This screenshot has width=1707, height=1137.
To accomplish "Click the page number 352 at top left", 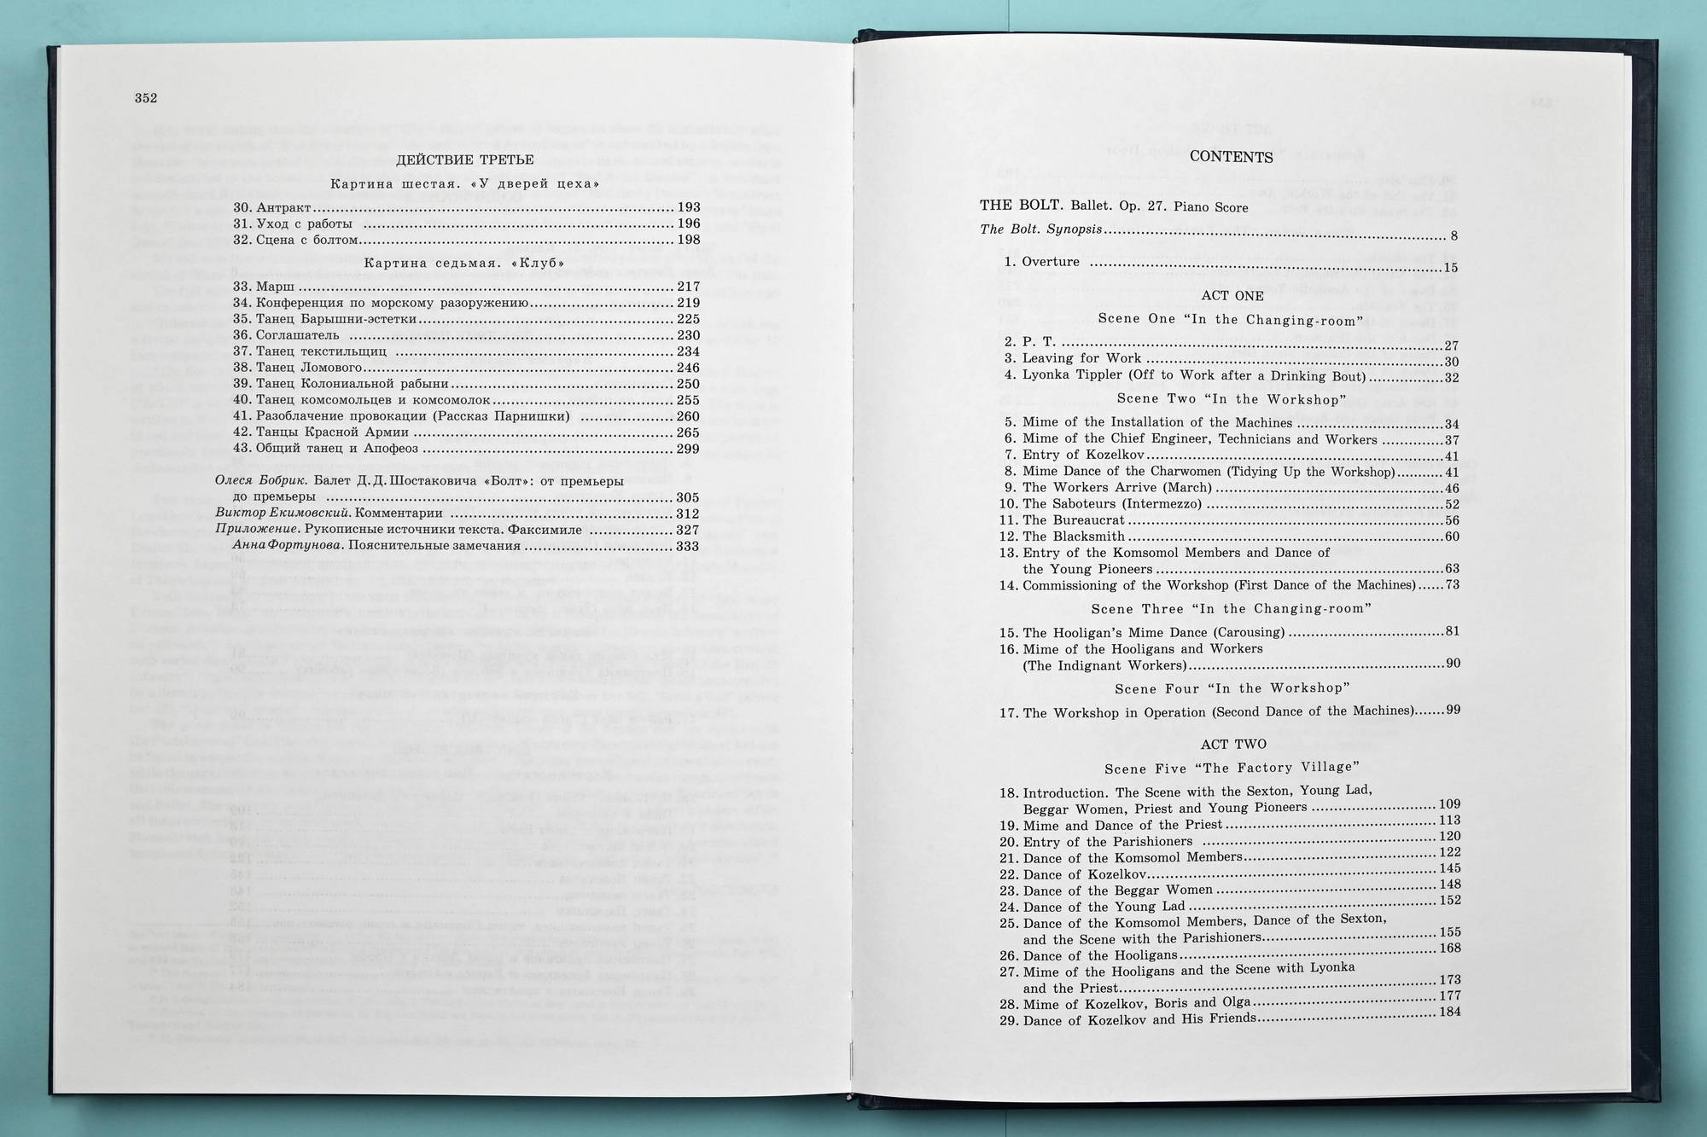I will (x=146, y=98).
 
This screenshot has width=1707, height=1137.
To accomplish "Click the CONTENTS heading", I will (x=1231, y=157).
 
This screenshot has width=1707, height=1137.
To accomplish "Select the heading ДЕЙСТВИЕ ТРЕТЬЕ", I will (x=465, y=160).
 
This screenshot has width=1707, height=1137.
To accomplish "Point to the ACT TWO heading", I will (x=1232, y=745).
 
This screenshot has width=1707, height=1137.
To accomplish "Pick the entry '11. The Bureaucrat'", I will (x=1073, y=520).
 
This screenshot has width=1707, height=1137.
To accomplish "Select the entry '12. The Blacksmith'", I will (x=1073, y=537).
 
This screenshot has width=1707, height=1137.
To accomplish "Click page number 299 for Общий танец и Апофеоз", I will (x=688, y=449).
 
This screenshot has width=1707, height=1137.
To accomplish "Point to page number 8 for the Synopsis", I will (x=1454, y=236).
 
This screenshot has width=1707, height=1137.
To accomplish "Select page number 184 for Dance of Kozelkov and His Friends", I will (x=1449, y=1012).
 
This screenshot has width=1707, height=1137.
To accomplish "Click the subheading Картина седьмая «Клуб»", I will (x=464, y=263).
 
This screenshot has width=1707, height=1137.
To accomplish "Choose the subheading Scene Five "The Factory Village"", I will (x=1232, y=769).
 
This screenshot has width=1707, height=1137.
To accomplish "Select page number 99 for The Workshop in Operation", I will (x=1452, y=710).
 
